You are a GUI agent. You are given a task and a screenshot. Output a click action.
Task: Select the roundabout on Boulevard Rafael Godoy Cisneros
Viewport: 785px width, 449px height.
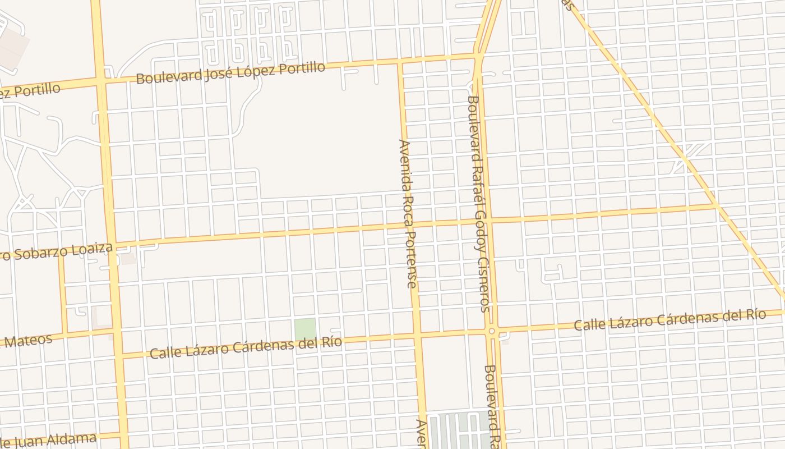click(492, 331)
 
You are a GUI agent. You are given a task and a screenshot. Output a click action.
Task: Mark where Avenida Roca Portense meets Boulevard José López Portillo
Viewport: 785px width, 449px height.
click(400, 63)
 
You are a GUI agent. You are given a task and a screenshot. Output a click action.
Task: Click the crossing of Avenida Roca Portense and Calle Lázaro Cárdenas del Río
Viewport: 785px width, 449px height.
click(417, 336)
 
